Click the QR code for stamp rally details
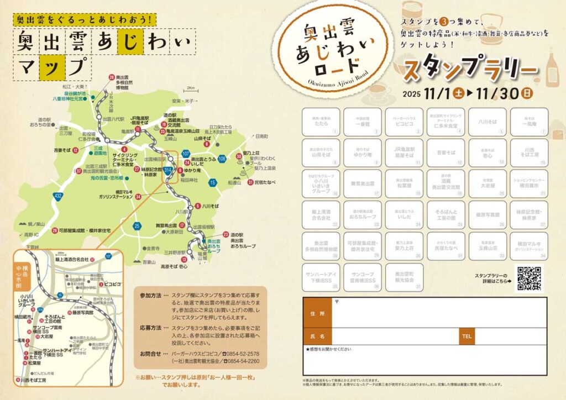click(x=530, y=278)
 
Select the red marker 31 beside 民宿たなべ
click(x=250, y=182)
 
